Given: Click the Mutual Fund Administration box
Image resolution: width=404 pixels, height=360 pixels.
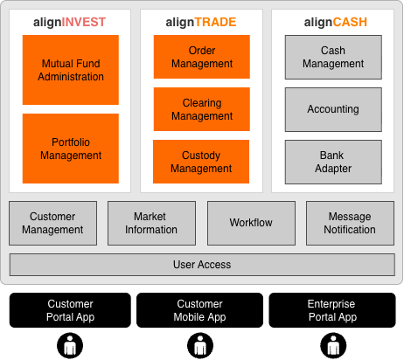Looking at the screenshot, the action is (x=71, y=70).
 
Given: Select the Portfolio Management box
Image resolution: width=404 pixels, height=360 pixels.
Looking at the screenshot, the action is (x=71, y=149).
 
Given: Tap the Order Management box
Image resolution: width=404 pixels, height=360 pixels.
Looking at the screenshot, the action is (x=202, y=57).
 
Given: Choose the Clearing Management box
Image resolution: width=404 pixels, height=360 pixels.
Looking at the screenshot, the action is (x=202, y=109).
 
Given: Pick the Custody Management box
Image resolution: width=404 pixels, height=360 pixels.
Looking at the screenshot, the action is (x=201, y=162).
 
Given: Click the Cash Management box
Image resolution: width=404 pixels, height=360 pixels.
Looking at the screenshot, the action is (x=333, y=57).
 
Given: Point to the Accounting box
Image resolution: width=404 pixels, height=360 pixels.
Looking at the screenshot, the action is (x=333, y=109).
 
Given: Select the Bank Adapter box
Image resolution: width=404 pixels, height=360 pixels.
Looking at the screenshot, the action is (x=333, y=162).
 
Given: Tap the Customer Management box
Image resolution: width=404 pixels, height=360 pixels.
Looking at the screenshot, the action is (x=52, y=223).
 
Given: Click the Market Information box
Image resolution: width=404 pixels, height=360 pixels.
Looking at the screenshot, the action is (x=151, y=223).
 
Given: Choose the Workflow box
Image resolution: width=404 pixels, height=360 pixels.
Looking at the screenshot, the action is (x=251, y=223).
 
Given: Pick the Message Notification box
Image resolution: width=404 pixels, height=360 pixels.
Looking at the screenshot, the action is (x=350, y=223).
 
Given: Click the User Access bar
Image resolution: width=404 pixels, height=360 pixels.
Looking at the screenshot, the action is (x=202, y=265).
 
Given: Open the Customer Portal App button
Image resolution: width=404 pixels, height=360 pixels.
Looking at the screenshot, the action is (x=70, y=310).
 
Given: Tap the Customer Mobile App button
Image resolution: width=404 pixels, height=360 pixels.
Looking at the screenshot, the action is (x=199, y=310).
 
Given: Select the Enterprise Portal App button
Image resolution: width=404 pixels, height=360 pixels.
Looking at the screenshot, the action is (x=332, y=310).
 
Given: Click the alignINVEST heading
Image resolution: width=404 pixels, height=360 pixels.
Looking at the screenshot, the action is (x=69, y=23).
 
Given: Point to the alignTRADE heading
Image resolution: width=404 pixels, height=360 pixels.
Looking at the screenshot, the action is (x=201, y=23).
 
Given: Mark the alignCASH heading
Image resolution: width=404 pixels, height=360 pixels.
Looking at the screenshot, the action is (x=336, y=23).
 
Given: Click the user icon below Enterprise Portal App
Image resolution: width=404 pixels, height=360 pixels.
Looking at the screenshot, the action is (x=333, y=346).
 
